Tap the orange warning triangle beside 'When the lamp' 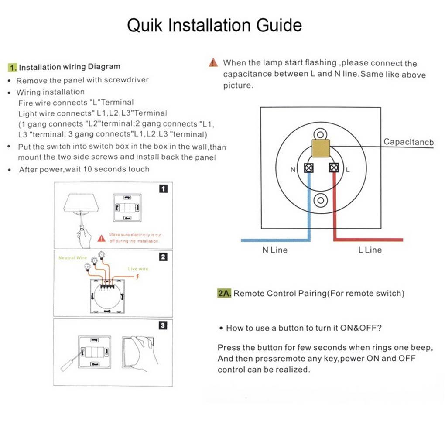(213, 63)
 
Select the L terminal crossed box (334, 168)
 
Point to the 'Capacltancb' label (408, 142)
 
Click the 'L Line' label (370, 250)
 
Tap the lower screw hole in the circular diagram (321, 200)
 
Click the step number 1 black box (163, 189)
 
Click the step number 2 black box (163, 257)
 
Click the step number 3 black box (163, 325)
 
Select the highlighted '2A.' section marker (224, 293)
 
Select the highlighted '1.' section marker (13, 67)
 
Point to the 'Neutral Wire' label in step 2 (72, 258)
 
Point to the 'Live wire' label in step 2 (138, 269)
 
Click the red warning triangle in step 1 (101, 238)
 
